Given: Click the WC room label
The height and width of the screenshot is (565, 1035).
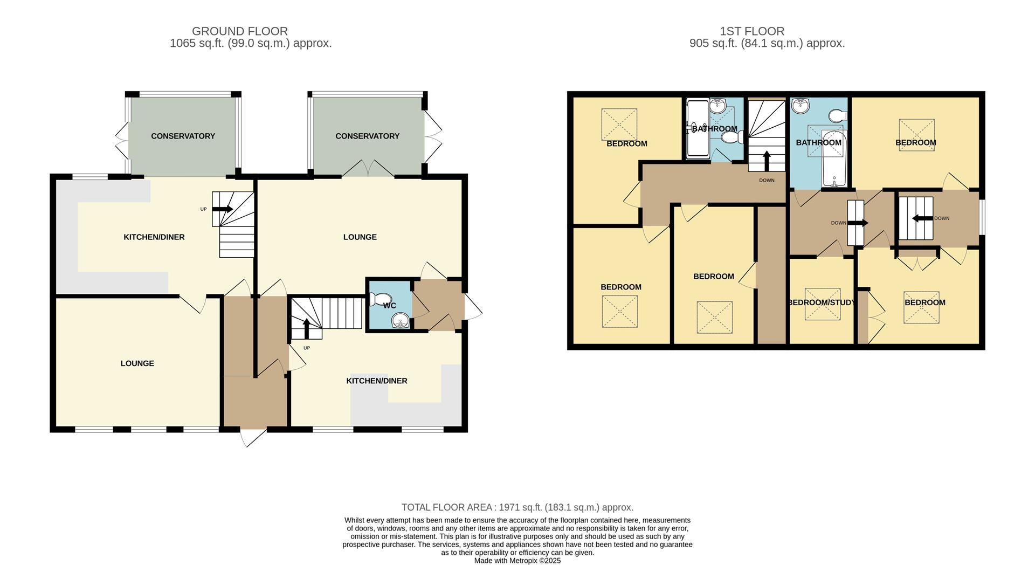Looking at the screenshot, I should (x=389, y=306).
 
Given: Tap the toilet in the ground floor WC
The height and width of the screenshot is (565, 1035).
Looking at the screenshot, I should (x=382, y=299).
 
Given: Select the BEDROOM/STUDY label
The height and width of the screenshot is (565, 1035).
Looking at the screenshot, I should (x=821, y=302).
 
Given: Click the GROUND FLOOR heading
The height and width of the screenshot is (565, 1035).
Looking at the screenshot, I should (x=240, y=31).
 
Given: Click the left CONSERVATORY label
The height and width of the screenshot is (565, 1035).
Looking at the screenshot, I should (x=183, y=136).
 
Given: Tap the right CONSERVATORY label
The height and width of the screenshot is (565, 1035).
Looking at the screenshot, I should (x=367, y=136).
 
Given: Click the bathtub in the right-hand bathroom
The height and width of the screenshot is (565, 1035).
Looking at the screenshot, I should (x=833, y=160).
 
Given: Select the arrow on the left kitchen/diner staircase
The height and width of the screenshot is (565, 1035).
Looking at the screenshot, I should (x=223, y=209).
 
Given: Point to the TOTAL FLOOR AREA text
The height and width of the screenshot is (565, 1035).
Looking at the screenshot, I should (x=517, y=507).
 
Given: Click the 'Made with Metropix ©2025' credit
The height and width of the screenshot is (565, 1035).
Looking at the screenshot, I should (x=517, y=561).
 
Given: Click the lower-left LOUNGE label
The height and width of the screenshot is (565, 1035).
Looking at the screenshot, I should (x=137, y=363).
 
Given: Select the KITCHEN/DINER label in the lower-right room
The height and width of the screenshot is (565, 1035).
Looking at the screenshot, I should (x=376, y=381).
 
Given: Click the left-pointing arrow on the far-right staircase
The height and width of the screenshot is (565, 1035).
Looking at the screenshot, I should (x=922, y=218).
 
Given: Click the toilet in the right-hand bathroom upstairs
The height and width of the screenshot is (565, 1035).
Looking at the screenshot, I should (x=838, y=116).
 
